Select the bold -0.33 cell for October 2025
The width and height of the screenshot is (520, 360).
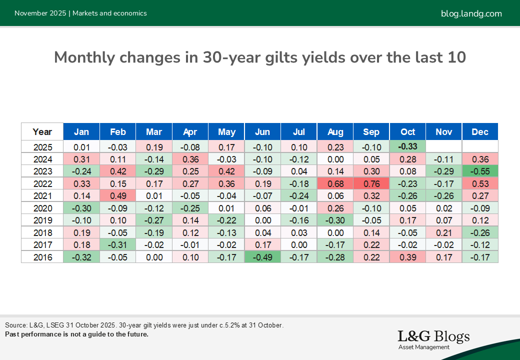pos(407,147)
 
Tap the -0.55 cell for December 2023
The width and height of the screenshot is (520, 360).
pos(480,171)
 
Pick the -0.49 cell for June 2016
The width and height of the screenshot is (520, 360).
pos(262,256)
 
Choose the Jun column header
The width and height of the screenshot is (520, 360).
pos(262,132)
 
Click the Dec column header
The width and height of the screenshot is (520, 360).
pos(480,132)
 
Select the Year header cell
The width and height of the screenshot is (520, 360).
pos(42,132)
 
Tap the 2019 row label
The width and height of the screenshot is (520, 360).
pos(42,220)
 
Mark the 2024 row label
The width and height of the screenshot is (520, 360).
pos(42,159)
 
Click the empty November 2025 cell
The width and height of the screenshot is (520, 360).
pos(444,147)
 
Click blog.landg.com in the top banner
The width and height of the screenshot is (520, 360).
pos(471,13)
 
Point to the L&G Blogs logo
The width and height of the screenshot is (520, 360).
pos(433,339)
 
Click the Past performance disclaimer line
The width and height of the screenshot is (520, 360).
pos(76,334)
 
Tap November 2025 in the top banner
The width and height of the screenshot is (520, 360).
pos(40,13)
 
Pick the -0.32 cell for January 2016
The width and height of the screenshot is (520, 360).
pos(81,256)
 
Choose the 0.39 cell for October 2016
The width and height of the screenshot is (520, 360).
pos(407,256)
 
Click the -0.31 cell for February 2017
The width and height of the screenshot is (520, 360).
pos(117,244)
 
